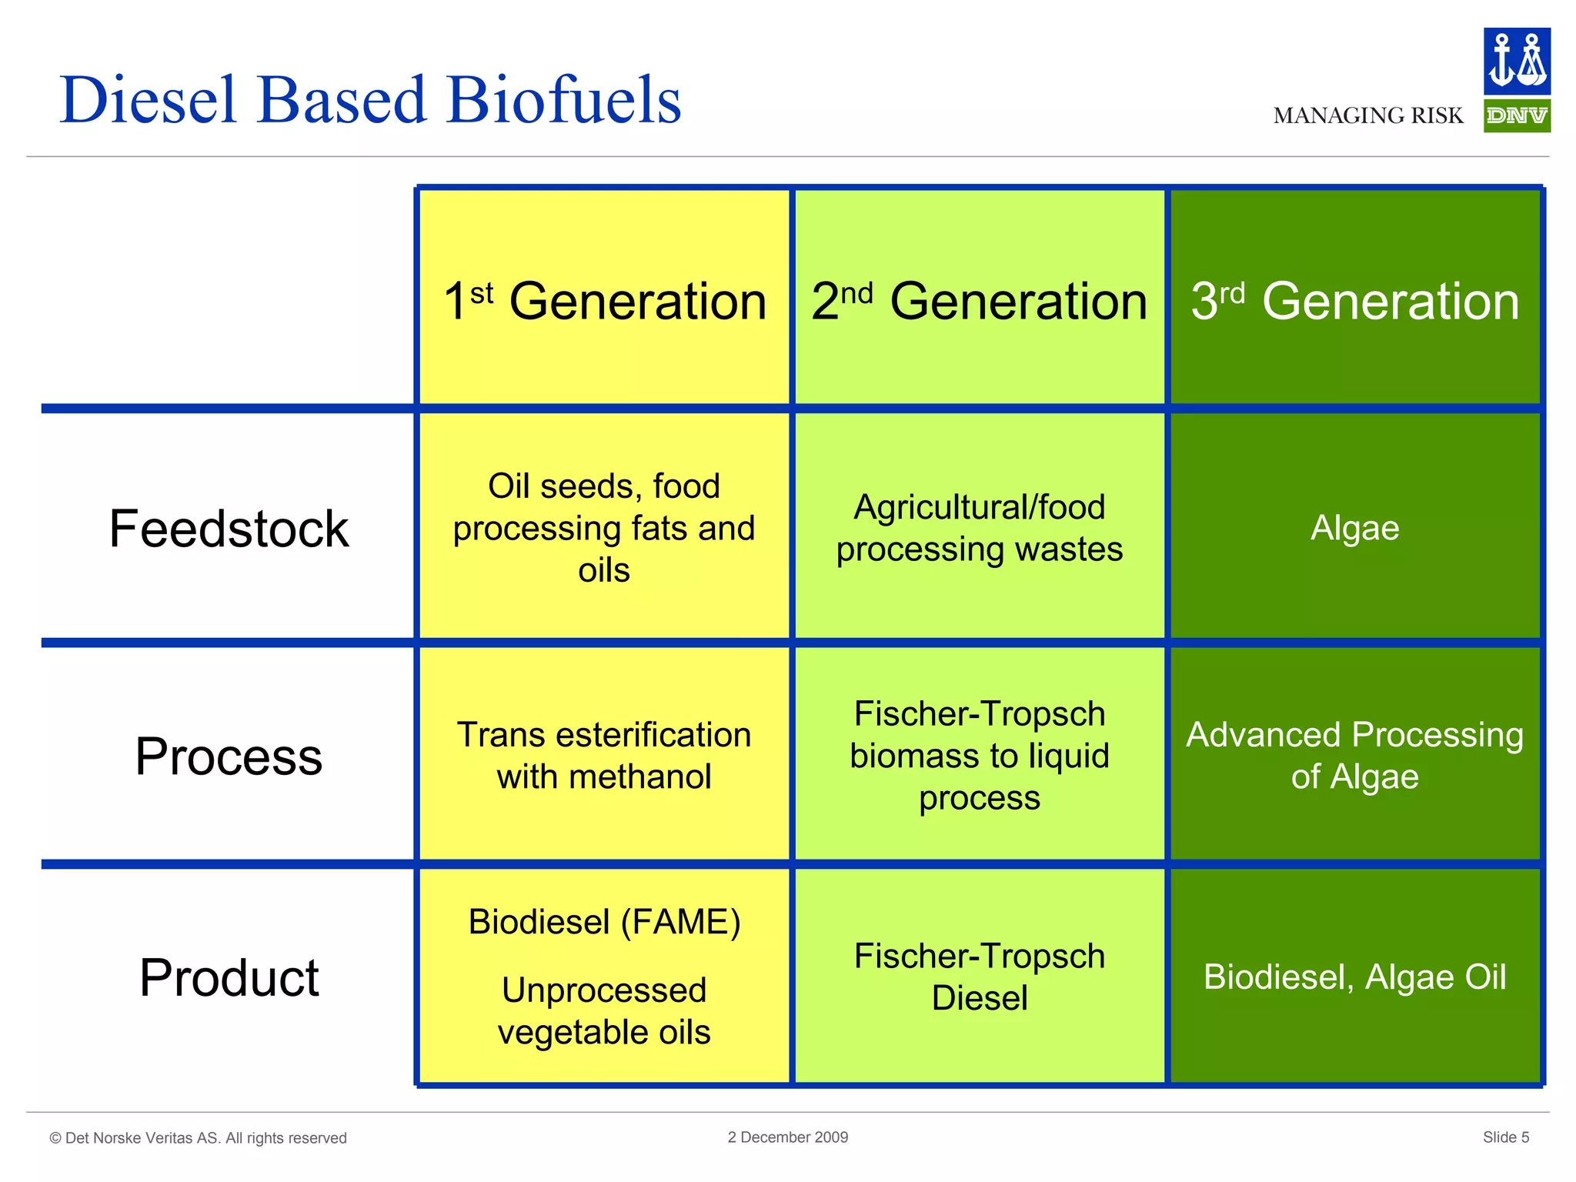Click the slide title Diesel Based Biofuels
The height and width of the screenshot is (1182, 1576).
point(370,100)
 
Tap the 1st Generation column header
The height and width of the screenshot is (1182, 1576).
point(605,300)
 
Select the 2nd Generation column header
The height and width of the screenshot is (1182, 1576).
point(979,300)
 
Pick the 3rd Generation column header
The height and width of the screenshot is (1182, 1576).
point(1355,300)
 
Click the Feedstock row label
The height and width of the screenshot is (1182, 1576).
point(229,529)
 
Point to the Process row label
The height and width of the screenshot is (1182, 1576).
point(229,756)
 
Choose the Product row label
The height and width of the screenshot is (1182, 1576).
point(229,977)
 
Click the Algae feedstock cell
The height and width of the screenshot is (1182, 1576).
point(1354,528)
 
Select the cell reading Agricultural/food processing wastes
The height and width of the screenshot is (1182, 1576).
point(979,528)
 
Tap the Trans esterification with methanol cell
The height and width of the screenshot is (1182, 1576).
point(604,756)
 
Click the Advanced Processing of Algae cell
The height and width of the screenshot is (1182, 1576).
point(1354,756)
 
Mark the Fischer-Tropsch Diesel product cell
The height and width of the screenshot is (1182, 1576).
point(979,977)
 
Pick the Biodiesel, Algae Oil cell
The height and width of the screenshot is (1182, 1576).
point(1354,977)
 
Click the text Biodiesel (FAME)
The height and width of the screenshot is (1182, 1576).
point(604,922)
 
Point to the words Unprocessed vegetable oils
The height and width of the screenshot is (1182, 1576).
point(604,1010)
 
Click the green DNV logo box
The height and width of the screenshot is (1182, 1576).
point(1516,116)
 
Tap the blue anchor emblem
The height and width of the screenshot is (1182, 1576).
point(1516,62)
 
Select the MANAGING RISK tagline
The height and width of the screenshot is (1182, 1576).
point(1367,116)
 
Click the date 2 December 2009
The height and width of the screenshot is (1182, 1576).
point(787,1137)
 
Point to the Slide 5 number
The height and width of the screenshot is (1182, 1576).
point(1505,1137)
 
